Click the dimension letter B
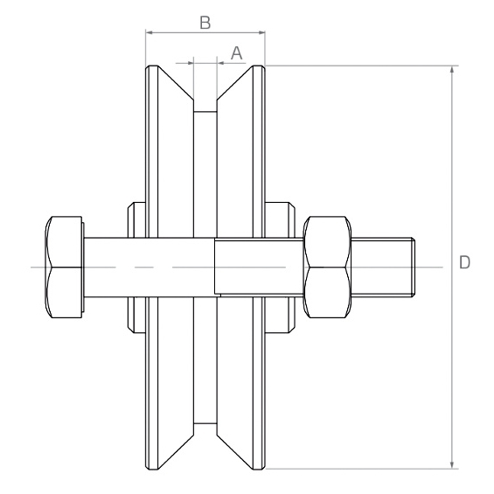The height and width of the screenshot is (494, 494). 205,23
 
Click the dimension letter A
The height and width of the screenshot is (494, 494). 237,53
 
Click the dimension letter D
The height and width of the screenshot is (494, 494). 464,262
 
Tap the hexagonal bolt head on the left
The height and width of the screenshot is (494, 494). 65,267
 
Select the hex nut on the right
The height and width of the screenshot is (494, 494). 327,267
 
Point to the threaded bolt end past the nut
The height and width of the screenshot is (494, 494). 383,268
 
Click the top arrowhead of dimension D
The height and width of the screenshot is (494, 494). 452,70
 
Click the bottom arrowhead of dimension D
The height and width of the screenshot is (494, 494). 452,464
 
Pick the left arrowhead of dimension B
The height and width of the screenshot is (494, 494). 150,32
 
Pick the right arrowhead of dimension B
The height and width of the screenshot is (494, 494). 261,32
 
